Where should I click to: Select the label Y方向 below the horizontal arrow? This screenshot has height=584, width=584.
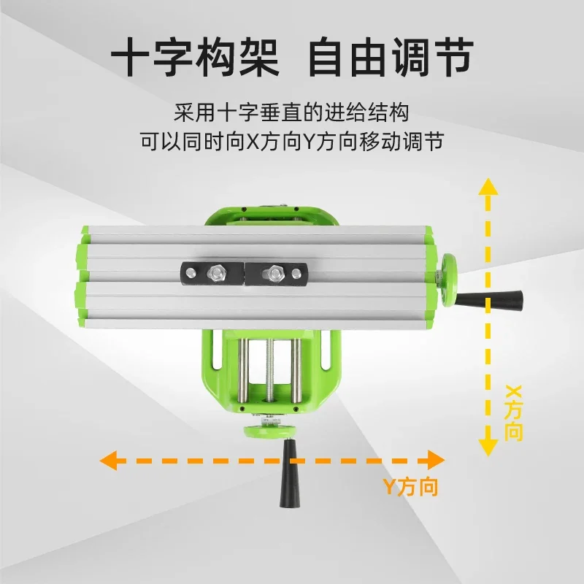tap(411, 487)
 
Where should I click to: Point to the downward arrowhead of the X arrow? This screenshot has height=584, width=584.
tap(487, 447)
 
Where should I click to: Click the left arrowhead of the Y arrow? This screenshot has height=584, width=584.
tap(109, 460)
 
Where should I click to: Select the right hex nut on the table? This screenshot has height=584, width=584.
tap(274, 274)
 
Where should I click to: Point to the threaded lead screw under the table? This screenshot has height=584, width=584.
tap(270, 372)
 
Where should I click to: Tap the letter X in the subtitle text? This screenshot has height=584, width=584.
tap(253, 141)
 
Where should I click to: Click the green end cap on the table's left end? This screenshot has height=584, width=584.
tap(81, 275)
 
